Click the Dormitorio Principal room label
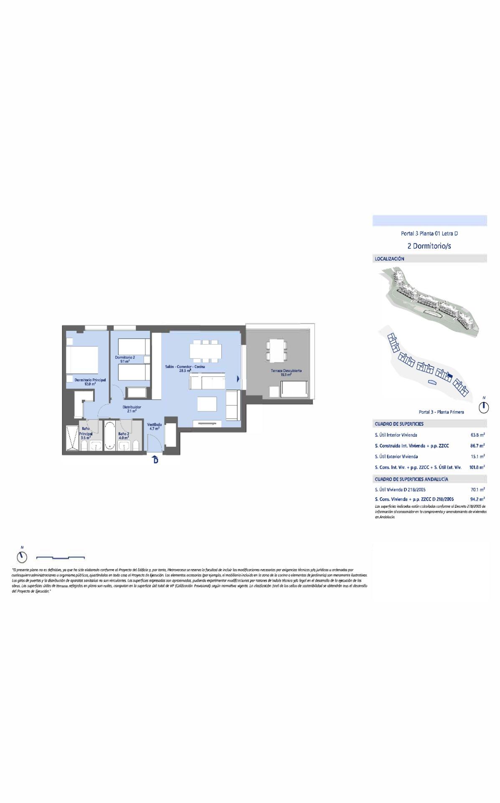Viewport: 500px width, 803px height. tap(90, 381)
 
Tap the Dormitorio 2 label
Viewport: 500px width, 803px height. tap(124, 359)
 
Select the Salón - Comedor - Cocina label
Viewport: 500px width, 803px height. tap(185, 368)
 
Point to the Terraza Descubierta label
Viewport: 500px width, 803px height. tap(286, 372)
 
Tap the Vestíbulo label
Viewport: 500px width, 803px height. tap(154, 426)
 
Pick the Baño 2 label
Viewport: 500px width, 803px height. tap(124, 435)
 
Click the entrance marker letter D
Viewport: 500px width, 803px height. tap(155, 460)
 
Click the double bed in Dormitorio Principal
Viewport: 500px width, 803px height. tap(82, 360)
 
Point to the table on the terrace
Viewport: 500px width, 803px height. tap(277, 350)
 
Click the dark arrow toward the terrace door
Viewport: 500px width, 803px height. tap(238, 379)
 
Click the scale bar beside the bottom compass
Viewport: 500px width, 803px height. tap(61, 557)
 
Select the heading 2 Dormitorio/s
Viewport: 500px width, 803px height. tap(429, 246)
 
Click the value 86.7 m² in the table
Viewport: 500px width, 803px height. tap(477, 446)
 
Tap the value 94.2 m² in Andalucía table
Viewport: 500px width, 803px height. tap(477, 499)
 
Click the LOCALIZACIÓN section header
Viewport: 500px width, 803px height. tap(389, 259)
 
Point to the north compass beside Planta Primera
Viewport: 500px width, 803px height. tap(484, 407)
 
